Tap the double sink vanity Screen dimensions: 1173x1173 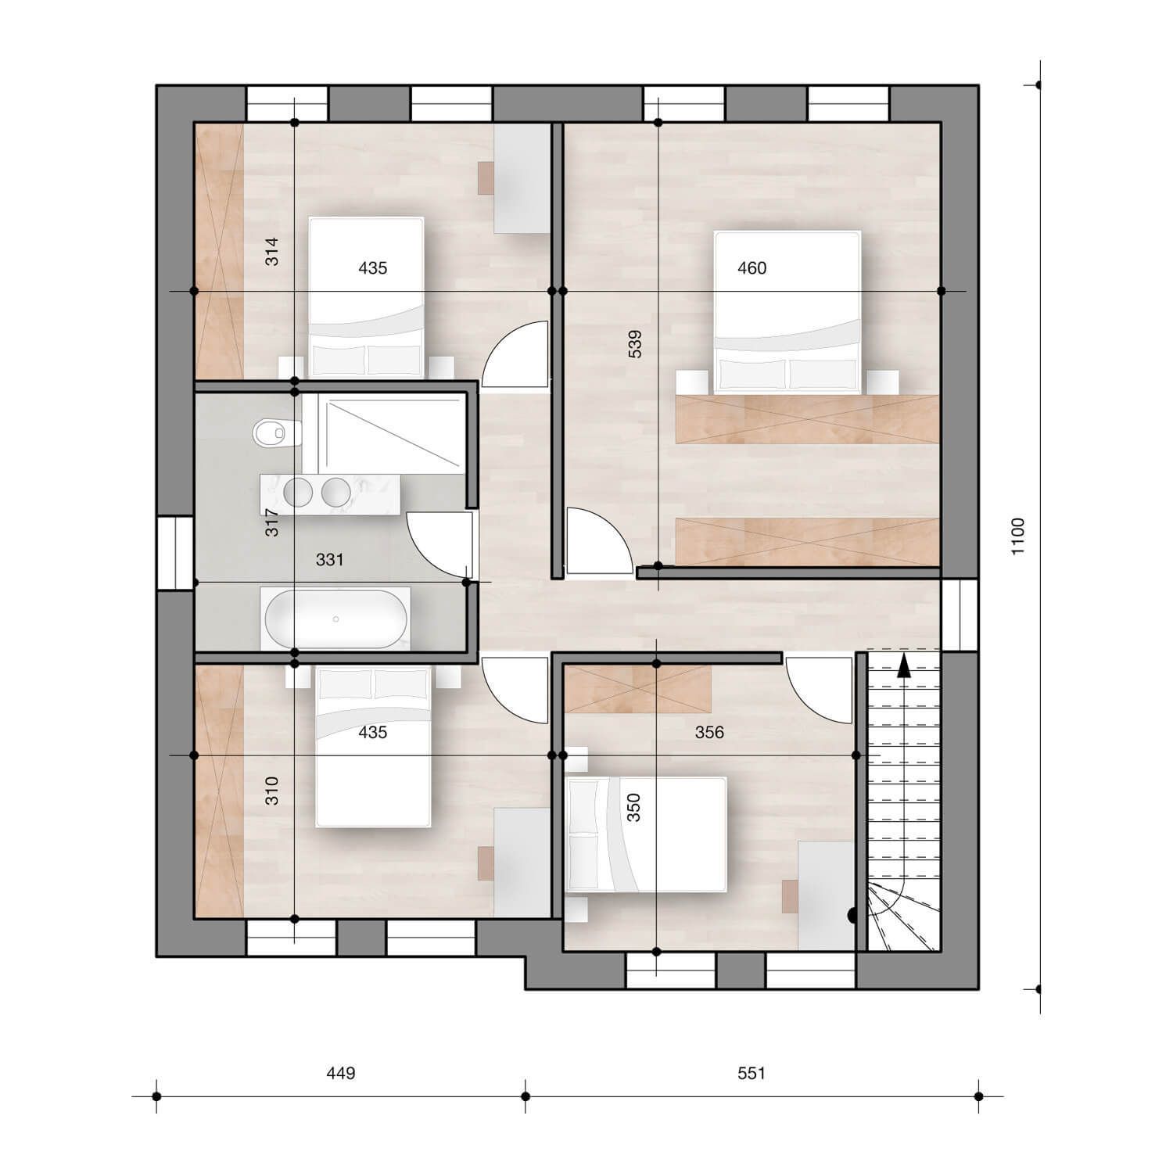329,493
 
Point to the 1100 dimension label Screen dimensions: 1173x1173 1017,536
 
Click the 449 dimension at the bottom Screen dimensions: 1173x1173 340,1073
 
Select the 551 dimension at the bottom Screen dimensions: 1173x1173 751,1073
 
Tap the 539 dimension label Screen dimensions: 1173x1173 635,344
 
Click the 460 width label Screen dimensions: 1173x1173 752,268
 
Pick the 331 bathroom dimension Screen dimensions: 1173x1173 329,560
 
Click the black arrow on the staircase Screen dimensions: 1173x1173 904,665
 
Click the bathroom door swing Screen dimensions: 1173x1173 438,543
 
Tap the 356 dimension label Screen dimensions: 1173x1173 709,733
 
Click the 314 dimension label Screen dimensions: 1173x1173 271,251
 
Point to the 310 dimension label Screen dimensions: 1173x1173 271,791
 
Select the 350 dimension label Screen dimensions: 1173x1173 634,807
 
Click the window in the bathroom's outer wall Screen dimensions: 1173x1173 175,552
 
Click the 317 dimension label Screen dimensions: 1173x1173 271,522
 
